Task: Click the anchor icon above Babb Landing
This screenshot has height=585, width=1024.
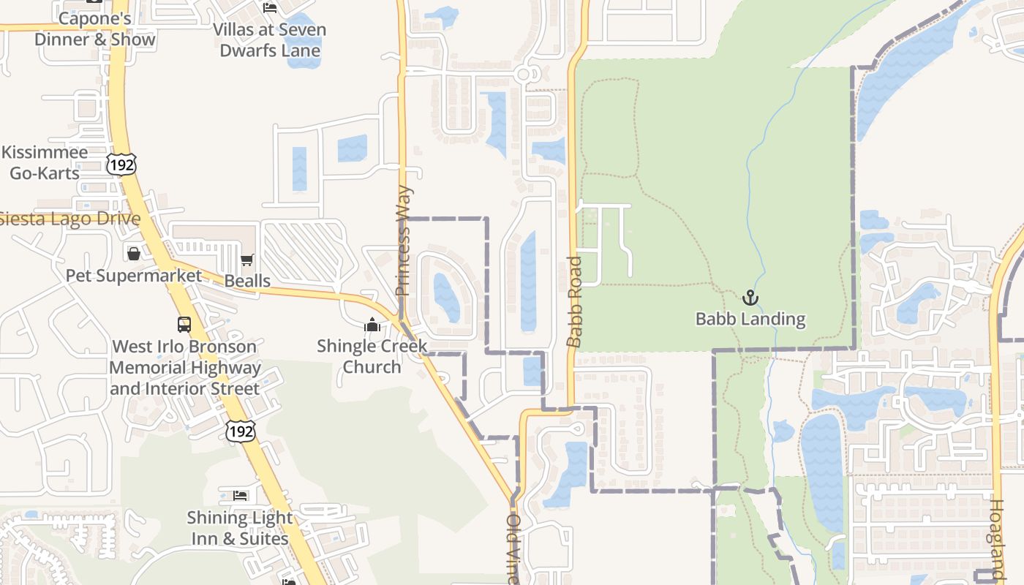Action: pos(750,298)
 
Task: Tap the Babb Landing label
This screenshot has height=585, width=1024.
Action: pos(750,319)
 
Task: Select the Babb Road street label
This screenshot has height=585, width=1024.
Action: pos(575,301)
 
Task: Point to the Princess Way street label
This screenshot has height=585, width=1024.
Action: pos(404,241)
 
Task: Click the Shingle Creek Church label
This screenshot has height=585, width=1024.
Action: pos(372,355)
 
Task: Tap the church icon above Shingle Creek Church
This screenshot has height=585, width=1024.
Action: pos(372,325)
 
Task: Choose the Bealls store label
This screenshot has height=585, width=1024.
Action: pos(247,281)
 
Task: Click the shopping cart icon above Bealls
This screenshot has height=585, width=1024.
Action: pos(247,260)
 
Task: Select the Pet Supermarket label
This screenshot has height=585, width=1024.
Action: pos(134,276)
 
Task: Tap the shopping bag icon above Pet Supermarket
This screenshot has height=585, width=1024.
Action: pos(134,254)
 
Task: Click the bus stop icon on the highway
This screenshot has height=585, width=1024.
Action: pos(184,324)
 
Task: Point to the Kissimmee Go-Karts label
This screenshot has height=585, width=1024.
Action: pos(45,162)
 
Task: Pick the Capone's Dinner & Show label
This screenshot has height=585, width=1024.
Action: pos(95,29)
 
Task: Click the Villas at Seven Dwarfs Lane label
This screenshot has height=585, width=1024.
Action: pos(270,40)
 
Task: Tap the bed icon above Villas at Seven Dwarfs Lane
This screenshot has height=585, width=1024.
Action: pos(270,8)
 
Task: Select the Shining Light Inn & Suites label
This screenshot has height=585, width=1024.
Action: pos(240,528)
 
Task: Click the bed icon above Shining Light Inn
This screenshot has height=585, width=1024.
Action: pos(240,496)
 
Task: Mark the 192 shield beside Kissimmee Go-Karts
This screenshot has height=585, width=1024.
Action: pos(121,165)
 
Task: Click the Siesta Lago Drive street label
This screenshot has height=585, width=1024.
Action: pos(70,219)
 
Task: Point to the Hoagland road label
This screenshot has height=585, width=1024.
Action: pos(997,541)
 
